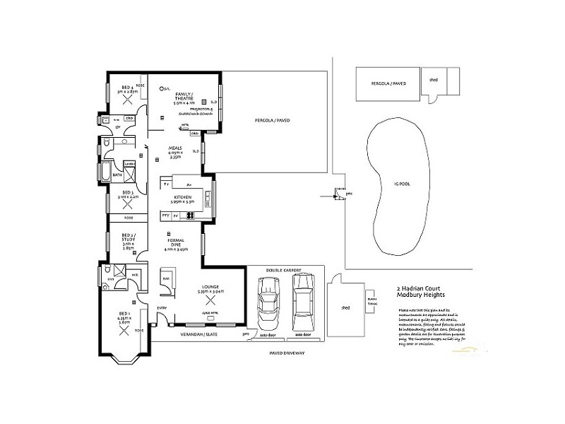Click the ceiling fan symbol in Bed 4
coord(127,100)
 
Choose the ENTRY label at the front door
coord(162,308)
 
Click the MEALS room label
coord(175,149)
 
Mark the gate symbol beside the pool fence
coord(339,194)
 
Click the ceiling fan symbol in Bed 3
coord(128,206)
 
